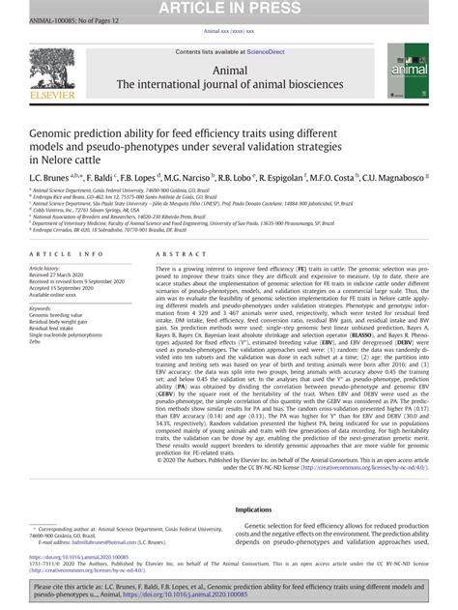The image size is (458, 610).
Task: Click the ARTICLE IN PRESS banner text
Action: click(229, 10)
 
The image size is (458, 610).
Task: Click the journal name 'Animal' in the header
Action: click(229, 70)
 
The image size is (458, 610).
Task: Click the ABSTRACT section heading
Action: click(176, 253)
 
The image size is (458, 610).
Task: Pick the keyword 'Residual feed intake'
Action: click(58, 329)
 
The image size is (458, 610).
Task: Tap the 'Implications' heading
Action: click(254, 509)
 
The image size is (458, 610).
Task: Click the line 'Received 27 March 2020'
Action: click(58, 275)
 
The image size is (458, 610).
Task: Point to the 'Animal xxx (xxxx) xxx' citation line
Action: click(229, 31)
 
